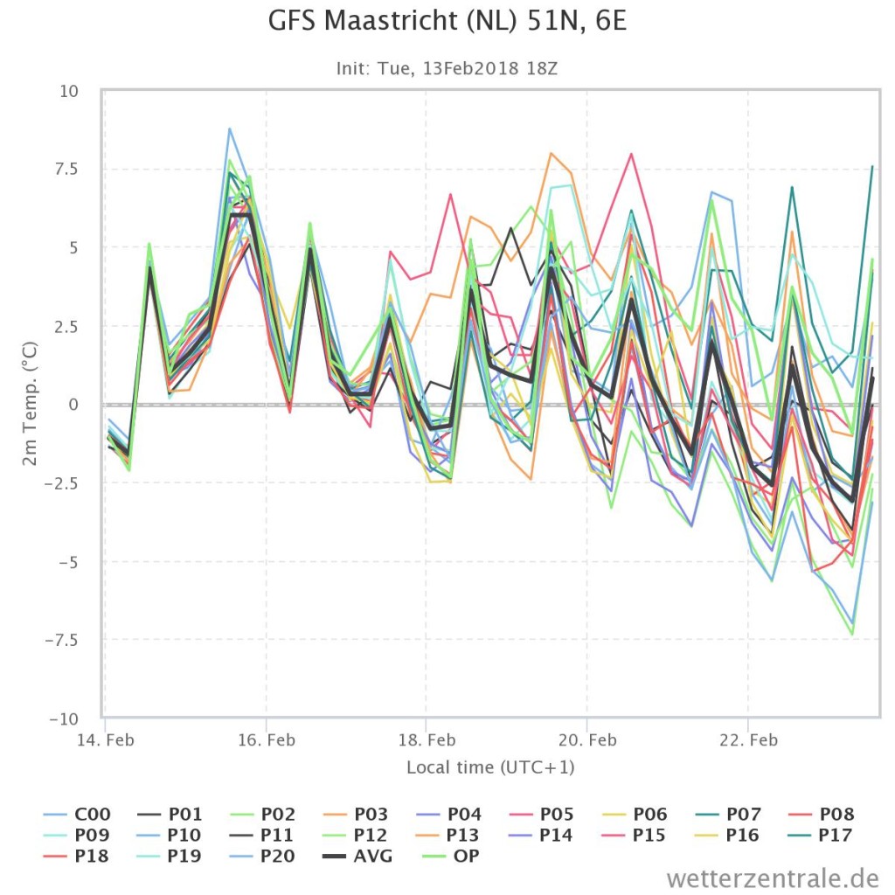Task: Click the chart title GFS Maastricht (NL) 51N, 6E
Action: click(x=447, y=21)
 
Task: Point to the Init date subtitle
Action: click(x=447, y=68)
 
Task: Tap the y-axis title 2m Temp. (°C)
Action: click(x=30, y=404)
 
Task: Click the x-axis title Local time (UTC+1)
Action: click(x=490, y=767)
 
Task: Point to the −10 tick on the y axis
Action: click(x=63, y=718)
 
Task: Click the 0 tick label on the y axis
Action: click(x=73, y=405)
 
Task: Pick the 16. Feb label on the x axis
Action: click(x=267, y=740)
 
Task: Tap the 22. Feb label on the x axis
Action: click(x=748, y=740)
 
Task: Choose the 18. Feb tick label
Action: click(x=427, y=740)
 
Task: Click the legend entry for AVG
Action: click(x=357, y=857)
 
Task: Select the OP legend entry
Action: click(x=451, y=857)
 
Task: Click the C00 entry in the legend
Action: click(x=77, y=814)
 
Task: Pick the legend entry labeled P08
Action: click(x=821, y=814)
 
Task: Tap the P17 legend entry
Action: click(x=821, y=835)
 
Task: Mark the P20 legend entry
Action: click(x=263, y=857)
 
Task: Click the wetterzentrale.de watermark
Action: click(x=773, y=878)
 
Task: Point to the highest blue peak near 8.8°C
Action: click(x=230, y=129)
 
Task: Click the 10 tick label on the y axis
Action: click(x=69, y=91)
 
